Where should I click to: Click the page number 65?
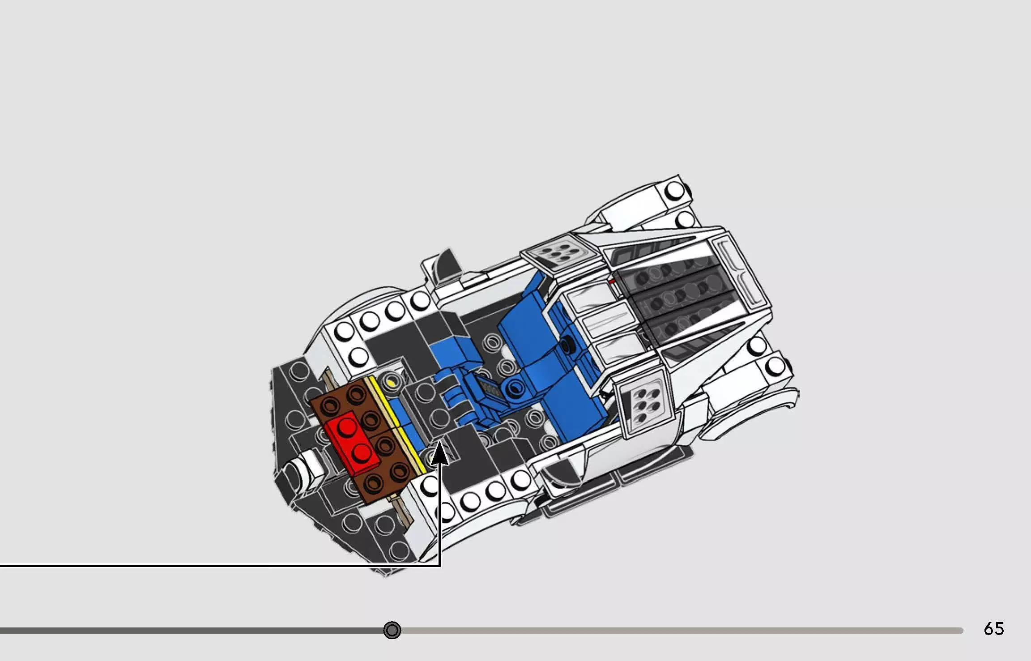click(993, 629)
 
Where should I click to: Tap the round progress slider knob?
click(392, 630)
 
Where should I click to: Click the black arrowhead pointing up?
click(440, 453)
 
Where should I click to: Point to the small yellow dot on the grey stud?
click(392, 383)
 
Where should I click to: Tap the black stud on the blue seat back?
click(568, 345)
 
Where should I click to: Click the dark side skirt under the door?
click(618, 483)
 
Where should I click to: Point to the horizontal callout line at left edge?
click(179, 566)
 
